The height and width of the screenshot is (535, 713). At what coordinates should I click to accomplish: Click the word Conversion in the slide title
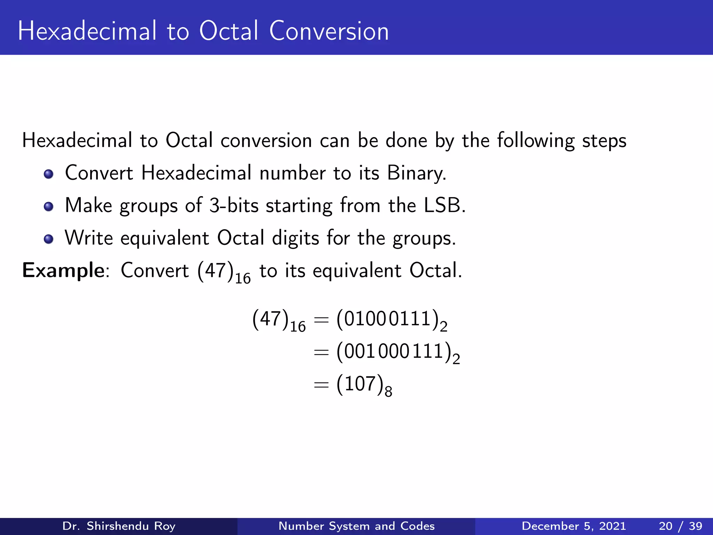pyautogui.click(x=329, y=31)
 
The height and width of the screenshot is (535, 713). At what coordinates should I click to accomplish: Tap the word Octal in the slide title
pyautogui.click(x=229, y=31)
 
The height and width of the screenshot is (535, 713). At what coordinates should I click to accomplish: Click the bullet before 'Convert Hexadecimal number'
pyautogui.click(x=49, y=174)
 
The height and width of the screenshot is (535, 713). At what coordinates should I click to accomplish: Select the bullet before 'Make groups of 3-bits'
pyautogui.click(x=49, y=206)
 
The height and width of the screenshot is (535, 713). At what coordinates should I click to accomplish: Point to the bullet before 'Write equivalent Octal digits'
pyautogui.click(x=49, y=239)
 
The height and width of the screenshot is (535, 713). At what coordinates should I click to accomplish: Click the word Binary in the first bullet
pyautogui.click(x=416, y=173)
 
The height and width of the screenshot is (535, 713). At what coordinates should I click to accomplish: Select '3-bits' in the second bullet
pyautogui.click(x=234, y=205)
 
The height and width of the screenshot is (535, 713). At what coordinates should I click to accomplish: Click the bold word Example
pyautogui.click(x=63, y=271)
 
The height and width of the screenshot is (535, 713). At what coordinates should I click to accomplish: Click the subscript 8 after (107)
pyautogui.click(x=389, y=392)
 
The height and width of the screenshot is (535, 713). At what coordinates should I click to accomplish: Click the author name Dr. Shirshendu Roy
pyautogui.click(x=119, y=526)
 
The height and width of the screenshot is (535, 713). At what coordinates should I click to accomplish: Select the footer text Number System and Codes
pyautogui.click(x=356, y=526)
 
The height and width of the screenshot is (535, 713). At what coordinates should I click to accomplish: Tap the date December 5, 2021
pyautogui.click(x=574, y=526)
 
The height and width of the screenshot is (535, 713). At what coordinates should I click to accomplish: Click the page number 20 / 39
pyautogui.click(x=680, y=526)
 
